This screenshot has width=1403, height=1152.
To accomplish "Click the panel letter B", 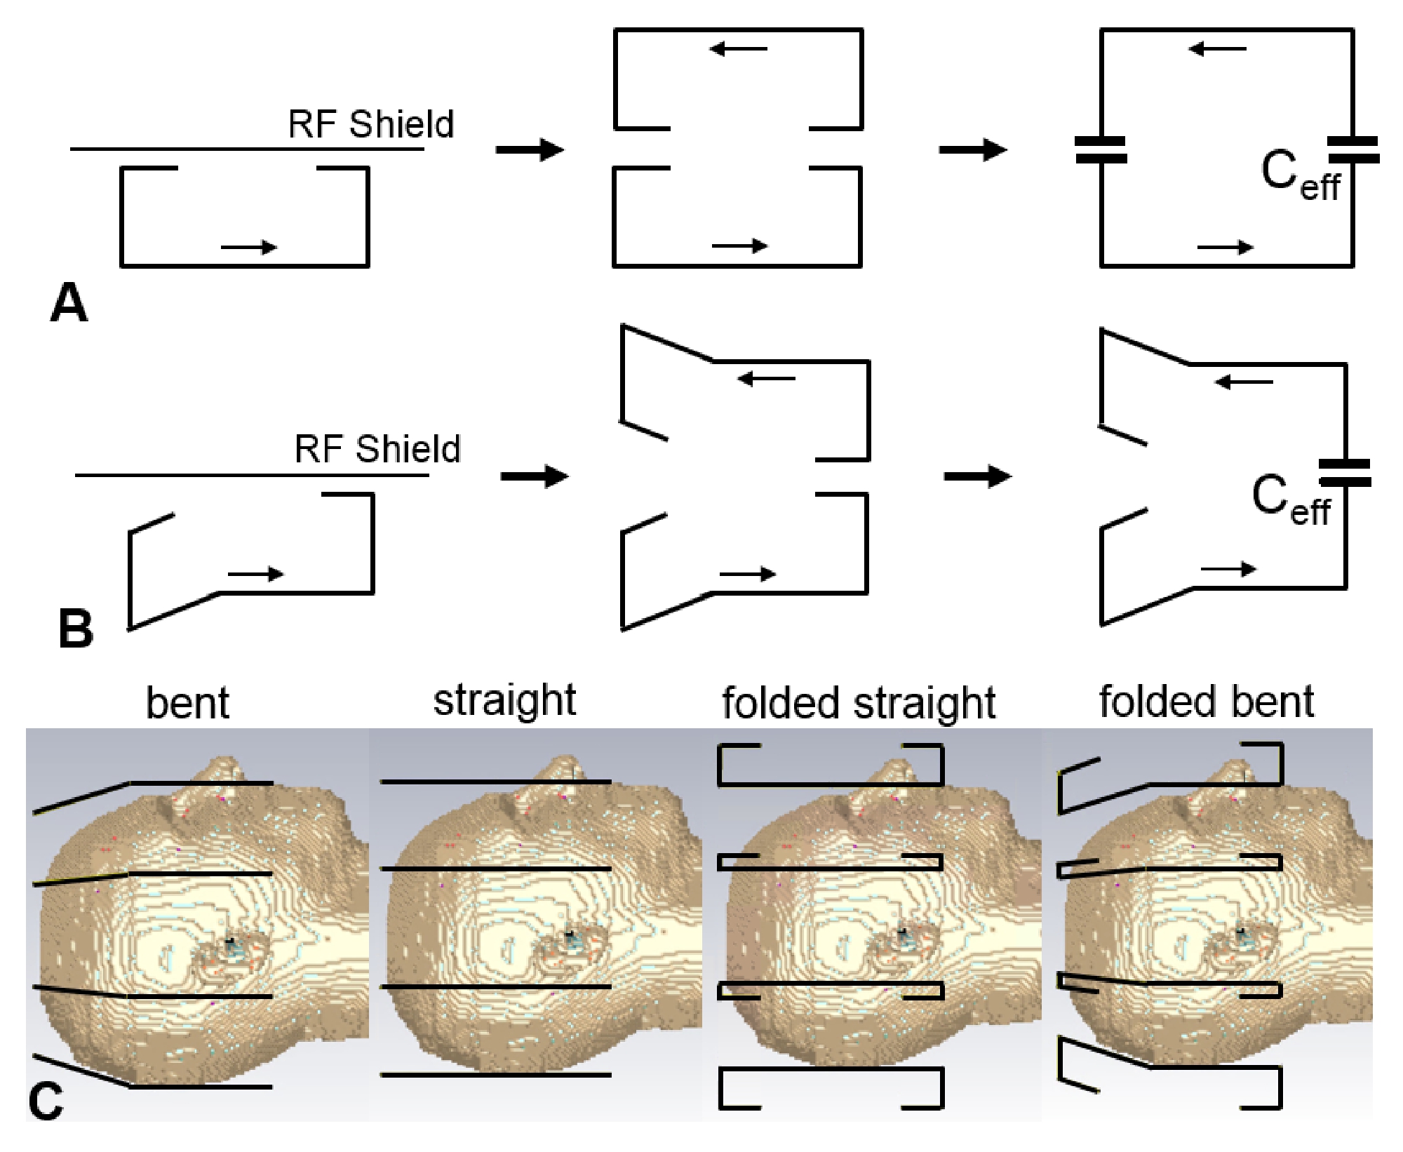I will click(75, 629).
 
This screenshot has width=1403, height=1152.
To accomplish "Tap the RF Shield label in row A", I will click(371, 124).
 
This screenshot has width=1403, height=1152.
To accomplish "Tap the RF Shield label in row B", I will click(377, 449).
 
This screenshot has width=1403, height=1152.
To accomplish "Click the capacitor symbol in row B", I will click(1345, 473).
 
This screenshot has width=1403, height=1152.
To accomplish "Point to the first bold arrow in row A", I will click(530, 149).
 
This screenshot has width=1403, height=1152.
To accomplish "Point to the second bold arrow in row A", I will click(973, 149).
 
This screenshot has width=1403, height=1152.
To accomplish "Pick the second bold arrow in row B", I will click(978, 476).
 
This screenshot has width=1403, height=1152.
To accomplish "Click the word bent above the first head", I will click(187, 702).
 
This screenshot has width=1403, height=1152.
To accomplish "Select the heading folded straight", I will click(859, 702).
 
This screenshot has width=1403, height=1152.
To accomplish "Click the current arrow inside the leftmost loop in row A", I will click(249, 247).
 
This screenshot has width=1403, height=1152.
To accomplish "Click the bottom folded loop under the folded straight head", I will click(831, 1088).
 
